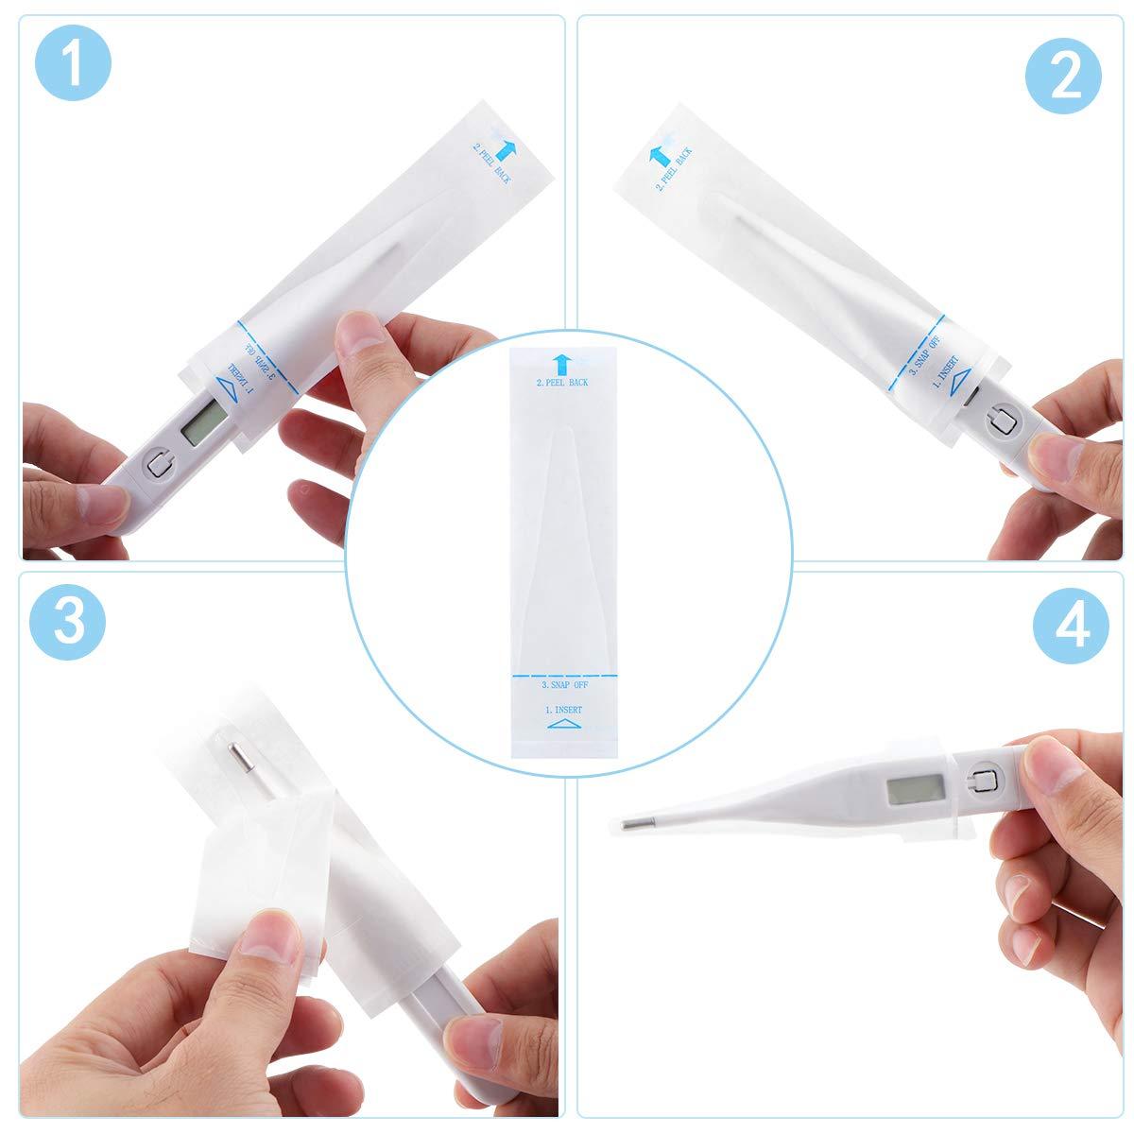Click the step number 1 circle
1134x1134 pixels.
pos(72,62)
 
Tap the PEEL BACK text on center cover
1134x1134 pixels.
pos(562,382)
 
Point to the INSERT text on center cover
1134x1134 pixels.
pos(563,708)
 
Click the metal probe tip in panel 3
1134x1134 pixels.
pos(239,755)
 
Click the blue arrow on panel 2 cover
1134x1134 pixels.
pos(654,157)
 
